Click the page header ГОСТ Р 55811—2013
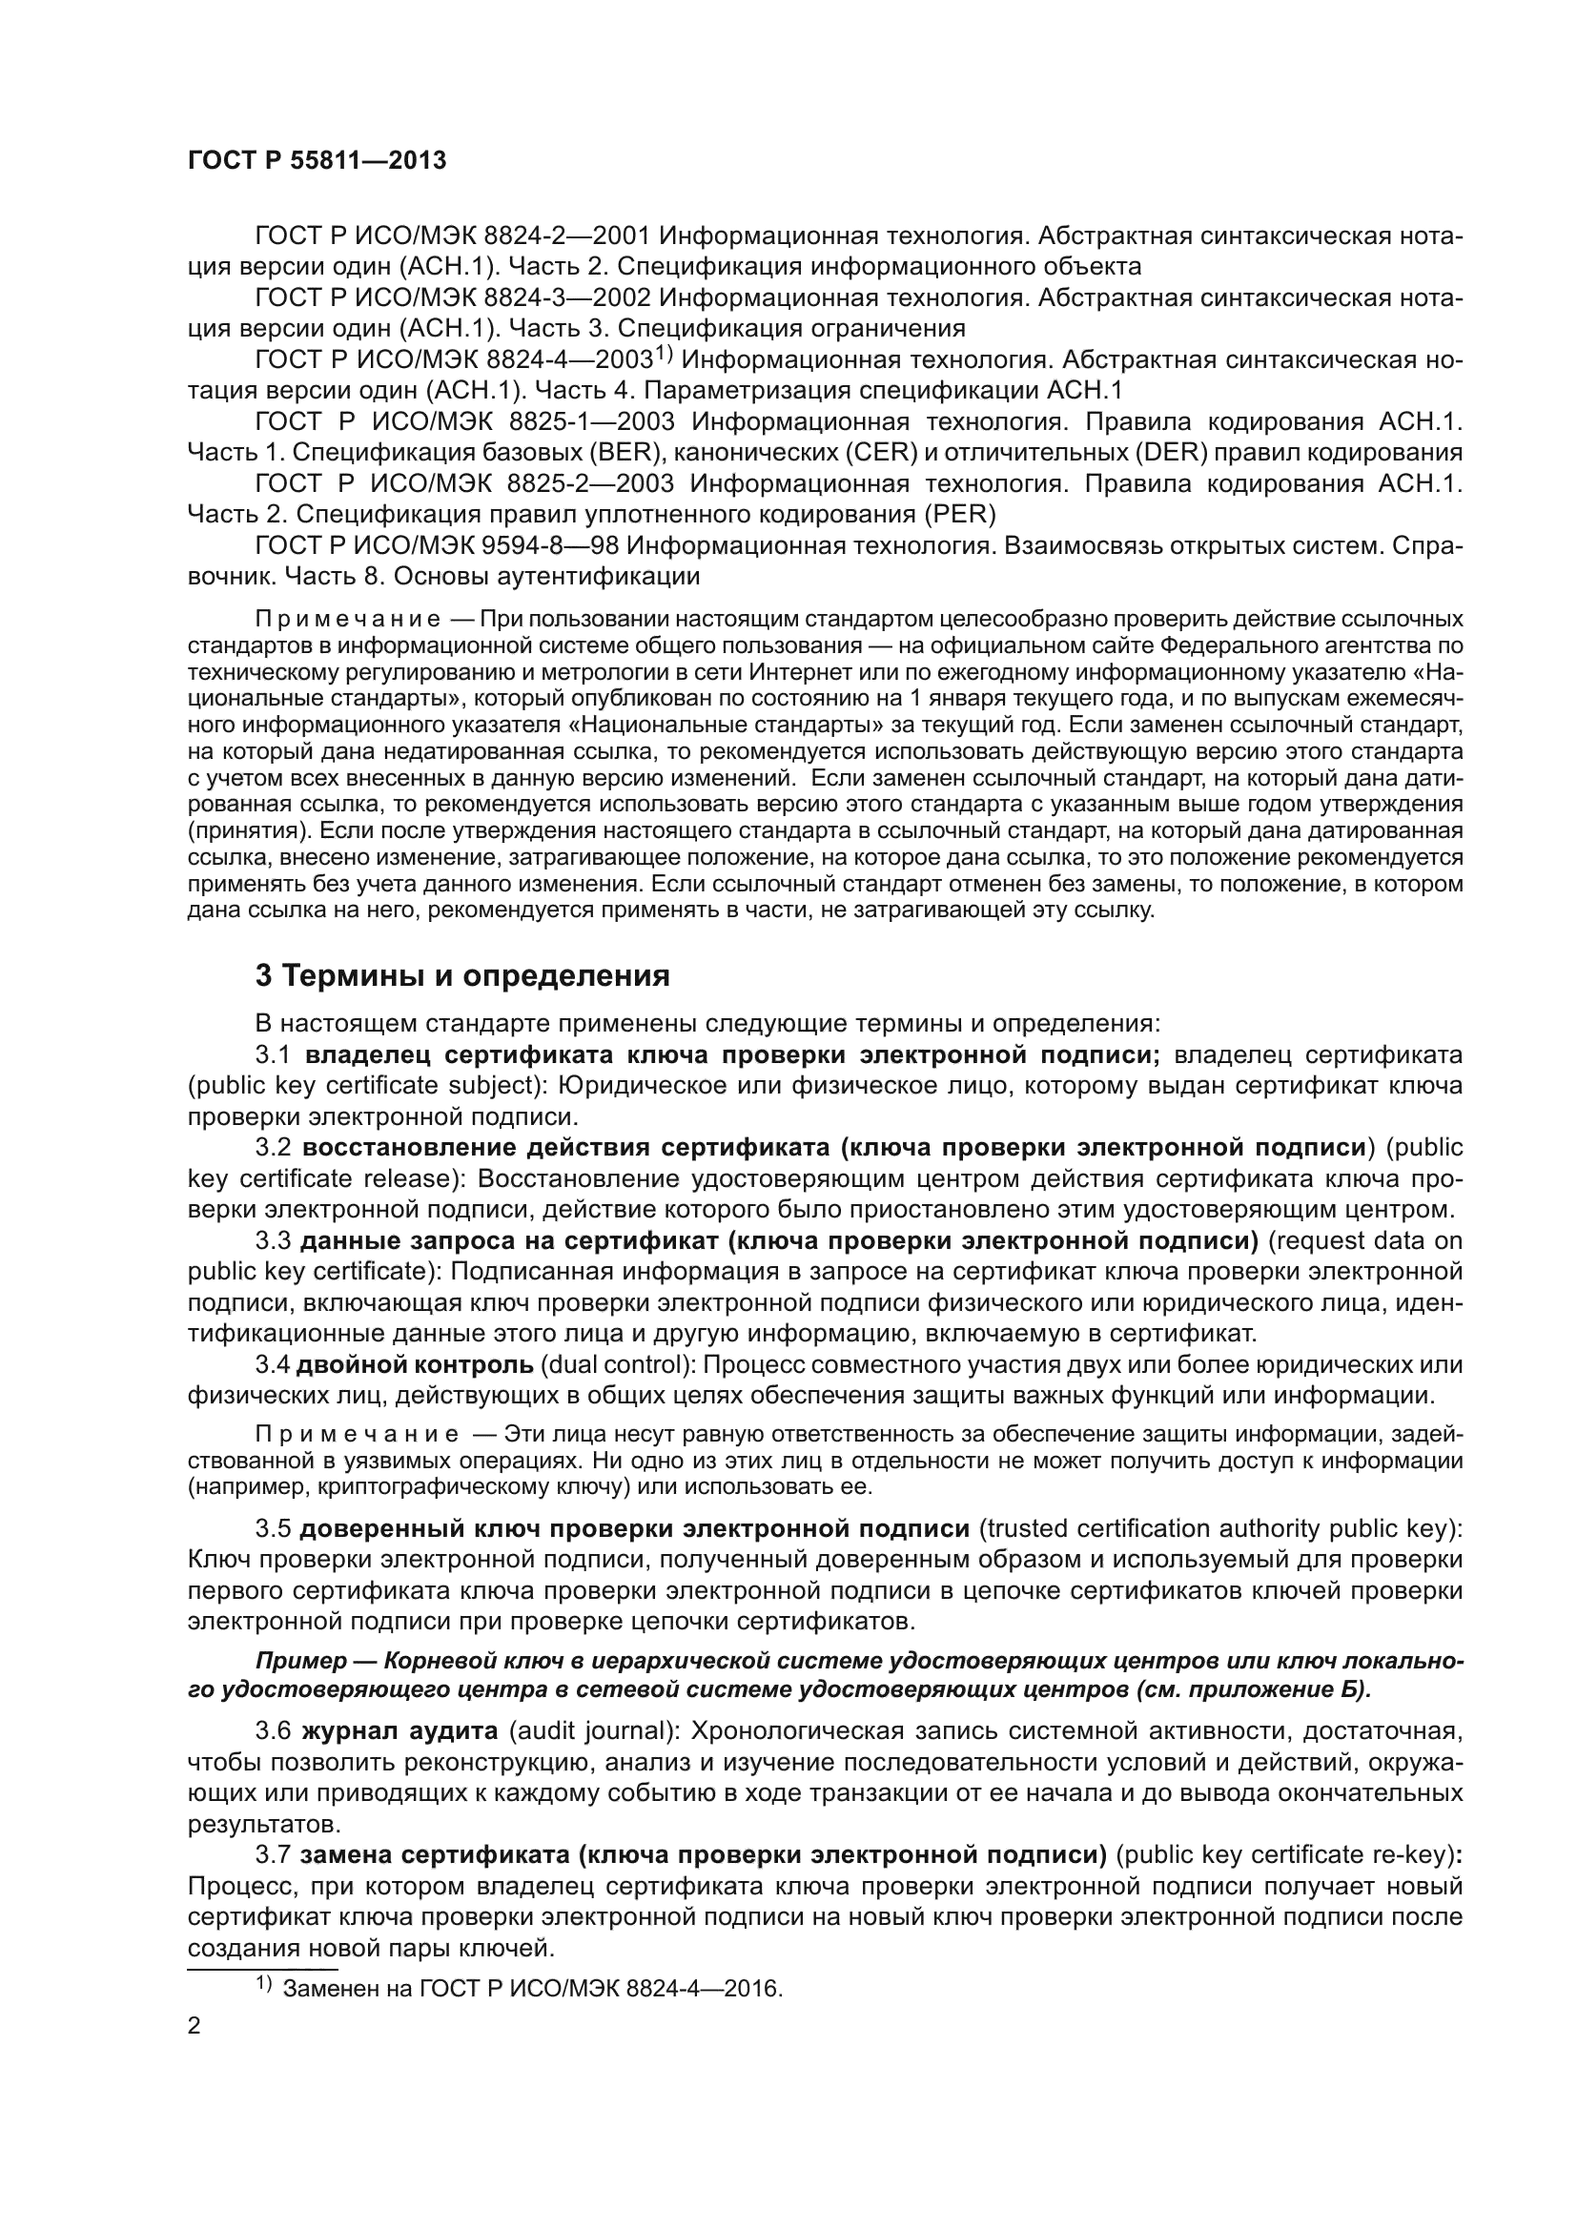[x=317, y=161]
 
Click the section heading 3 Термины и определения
[x=462, y=975]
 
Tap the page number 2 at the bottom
[x=195, y=2026]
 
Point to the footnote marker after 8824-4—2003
[x=663, y=354]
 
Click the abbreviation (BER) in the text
[x=622, y=452]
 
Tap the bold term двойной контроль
[x=415, y=1364]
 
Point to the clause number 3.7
[x=273, y=1855]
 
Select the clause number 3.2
[x=273, y=1147]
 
